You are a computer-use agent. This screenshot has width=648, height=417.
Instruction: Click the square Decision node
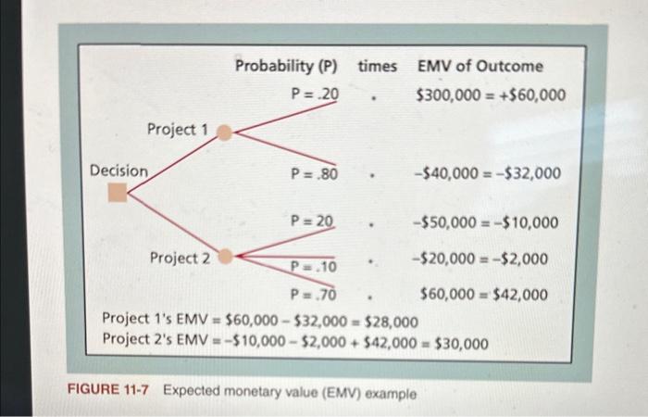pos(117,192)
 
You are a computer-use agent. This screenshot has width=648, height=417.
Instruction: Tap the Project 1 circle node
pos(224,133)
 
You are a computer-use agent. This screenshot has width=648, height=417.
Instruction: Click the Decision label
pos(118,171)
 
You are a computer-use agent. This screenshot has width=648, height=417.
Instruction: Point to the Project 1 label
pos(178,130)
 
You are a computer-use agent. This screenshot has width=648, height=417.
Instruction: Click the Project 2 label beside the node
pos(181,258)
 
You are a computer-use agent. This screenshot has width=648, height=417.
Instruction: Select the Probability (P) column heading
pos(285,66)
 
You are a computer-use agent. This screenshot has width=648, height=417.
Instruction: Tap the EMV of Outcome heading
pos(480,66)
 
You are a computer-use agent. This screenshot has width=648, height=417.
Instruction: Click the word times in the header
pos(377,66)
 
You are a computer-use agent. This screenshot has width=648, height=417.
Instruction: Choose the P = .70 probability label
pos(312,297)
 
